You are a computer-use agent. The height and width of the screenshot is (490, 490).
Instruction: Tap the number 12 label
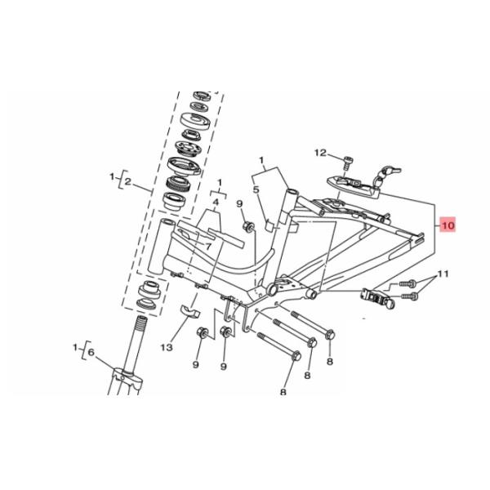[x=320, y=153]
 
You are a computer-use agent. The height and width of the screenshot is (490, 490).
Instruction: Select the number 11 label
[x=443, y=273]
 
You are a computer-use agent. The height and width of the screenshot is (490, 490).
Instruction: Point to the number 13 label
[x=167, y=347]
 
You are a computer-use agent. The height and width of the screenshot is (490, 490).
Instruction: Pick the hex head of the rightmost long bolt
[x=329, y=334]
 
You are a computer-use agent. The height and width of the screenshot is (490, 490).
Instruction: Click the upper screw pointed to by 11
[x=408, y=285]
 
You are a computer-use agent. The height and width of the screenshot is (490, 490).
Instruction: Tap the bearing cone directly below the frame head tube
[x=149, y=291]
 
